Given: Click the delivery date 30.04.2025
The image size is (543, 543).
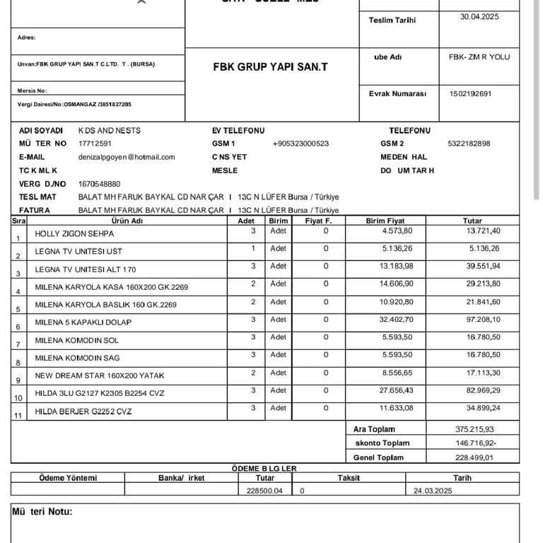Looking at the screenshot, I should (479, 16).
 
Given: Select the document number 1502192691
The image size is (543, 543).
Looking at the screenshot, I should (470, 93).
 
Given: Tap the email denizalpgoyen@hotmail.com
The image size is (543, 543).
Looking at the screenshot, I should (127, 157).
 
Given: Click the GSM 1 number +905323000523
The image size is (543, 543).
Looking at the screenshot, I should (300, 144).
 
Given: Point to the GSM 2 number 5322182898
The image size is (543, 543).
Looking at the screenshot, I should (469, 144).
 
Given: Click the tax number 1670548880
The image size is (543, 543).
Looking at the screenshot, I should (100, 184).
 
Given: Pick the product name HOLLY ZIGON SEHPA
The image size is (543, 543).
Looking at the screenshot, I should (74, 234).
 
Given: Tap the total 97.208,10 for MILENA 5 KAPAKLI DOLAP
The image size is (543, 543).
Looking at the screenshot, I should (483, 320).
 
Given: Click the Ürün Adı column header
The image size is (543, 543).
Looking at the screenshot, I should (128, 221).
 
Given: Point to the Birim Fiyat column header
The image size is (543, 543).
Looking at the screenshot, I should (385, 221).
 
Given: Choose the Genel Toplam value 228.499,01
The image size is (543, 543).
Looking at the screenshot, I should (474, 457).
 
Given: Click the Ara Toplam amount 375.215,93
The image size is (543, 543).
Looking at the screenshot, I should (474, 429).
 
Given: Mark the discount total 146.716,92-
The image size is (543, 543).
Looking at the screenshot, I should (475, 443).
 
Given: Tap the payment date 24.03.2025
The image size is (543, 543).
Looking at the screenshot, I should (433, 490).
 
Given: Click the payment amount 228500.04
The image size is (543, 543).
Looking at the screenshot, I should (264, 490).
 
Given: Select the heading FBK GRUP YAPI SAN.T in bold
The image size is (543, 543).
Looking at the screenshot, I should (270, 68).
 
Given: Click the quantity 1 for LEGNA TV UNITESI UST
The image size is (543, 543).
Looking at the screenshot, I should (253, 248).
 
